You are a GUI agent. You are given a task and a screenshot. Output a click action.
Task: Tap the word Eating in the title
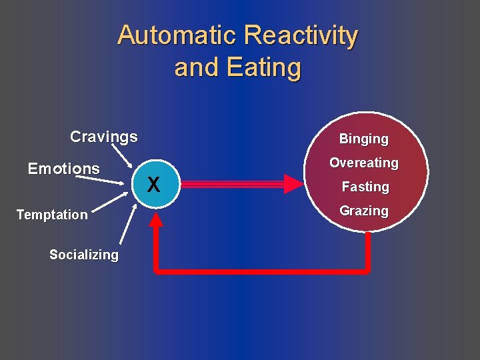(264, 67)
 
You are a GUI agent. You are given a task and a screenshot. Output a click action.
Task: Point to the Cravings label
(104, 137)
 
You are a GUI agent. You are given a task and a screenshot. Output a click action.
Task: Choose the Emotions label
(64, 169)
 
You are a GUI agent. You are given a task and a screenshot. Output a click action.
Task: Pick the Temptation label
(52, 215)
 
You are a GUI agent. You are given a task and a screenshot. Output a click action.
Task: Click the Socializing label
(84, 255)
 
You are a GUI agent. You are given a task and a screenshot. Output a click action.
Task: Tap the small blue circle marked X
(153, 183)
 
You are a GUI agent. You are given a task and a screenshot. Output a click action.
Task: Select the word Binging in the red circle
(363, 139)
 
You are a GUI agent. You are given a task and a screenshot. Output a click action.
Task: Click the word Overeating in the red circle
(363, 163)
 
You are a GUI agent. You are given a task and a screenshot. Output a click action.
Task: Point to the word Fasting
(365, 187)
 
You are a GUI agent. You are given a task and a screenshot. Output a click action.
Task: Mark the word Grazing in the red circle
(363, 211)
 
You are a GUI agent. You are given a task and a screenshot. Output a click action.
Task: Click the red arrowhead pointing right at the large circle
(293, 183)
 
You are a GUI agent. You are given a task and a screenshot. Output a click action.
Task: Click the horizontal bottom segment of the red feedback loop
(260, 271)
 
